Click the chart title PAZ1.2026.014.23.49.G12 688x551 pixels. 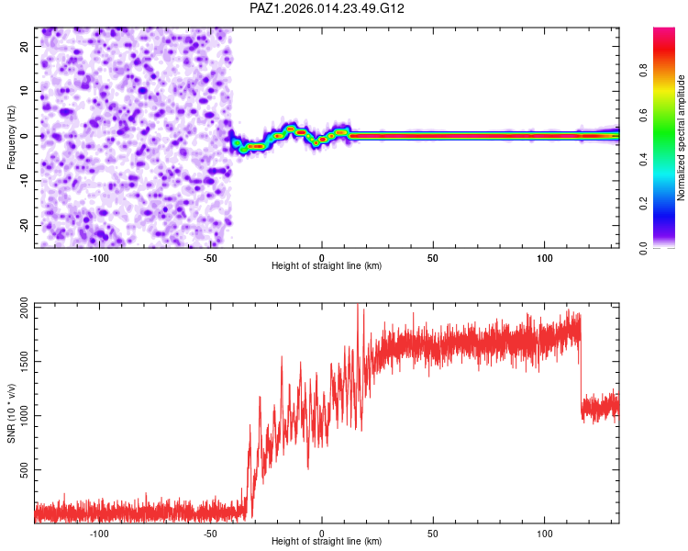327,8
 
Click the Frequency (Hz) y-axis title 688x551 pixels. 11,137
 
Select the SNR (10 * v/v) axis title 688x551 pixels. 11,413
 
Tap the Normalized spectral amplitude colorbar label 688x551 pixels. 682,138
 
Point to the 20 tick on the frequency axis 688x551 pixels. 25,46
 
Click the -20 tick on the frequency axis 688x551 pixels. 23,225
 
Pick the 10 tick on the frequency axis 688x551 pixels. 25,91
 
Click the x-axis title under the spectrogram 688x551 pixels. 327,266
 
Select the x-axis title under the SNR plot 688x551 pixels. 327,542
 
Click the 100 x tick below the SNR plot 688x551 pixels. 545,533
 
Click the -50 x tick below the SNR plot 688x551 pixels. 210,533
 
